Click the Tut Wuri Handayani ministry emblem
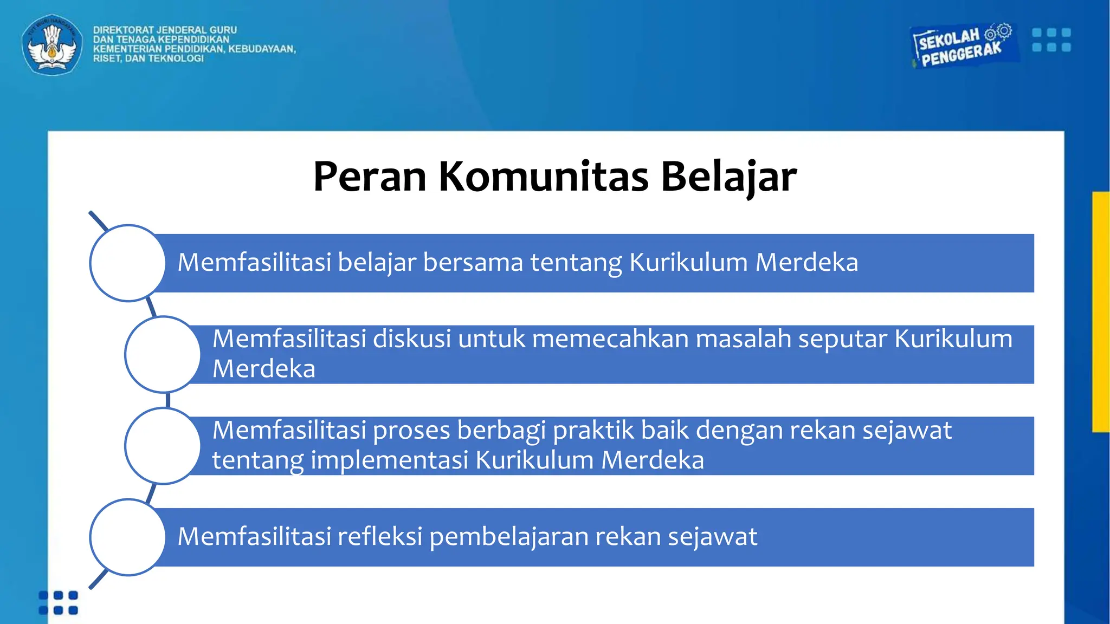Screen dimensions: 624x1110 click(x=52, y=44)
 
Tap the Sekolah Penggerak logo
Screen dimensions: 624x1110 click(x=962, y=46)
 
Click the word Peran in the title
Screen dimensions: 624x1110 click(x=370, y=177)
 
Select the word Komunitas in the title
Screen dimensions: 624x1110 click(x=543, y=177)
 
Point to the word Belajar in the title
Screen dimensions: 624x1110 click(x=728, y=177)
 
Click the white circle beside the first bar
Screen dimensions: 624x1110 click(x=127, y=263)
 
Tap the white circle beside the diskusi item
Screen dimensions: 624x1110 click(x=163, y=354)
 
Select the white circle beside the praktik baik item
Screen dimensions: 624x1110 click(x=163, y=446)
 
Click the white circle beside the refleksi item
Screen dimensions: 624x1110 click(x=127, y=537)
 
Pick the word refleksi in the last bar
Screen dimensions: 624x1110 click(x=379, y=537)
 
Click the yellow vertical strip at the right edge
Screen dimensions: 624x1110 click(x=1101, y=311)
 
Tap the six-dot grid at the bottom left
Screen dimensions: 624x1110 click(x=59, y=603)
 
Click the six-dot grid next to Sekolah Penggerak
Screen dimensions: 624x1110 click(x=1051, y=40)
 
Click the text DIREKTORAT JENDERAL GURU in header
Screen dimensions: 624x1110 click(x=165, y=30)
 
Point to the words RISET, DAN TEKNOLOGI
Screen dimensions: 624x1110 click(x=148, y=58)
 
